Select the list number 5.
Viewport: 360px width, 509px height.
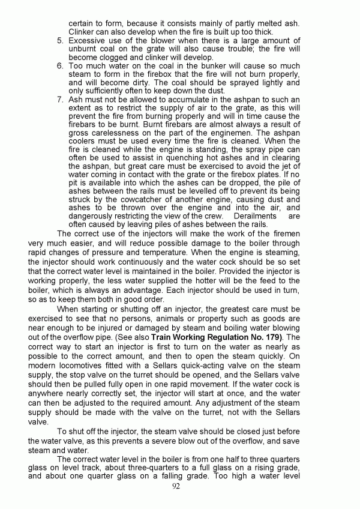coord(60,41)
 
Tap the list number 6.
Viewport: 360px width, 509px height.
coord(60,65)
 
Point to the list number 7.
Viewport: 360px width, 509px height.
coord(60,99)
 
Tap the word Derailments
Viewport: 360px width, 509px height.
coord(254,215)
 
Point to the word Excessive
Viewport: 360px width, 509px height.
coord(89,41)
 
